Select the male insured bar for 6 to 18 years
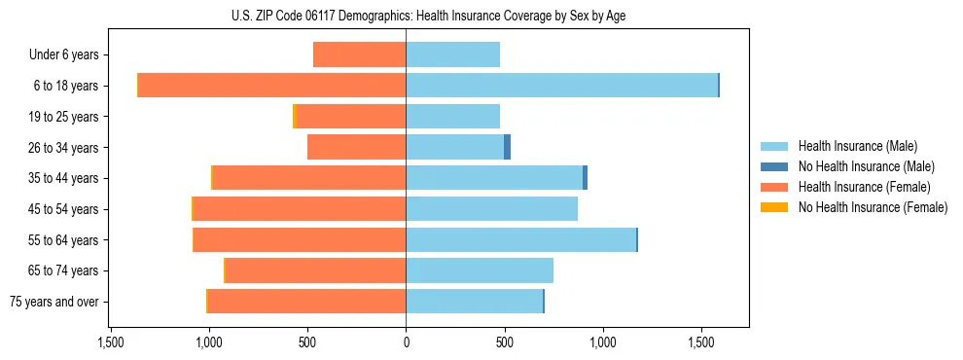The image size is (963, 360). pos(561,86)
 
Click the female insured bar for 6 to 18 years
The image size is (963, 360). pos(271,86)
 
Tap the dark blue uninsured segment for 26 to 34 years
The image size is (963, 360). pos(507,147)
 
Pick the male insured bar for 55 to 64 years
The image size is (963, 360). pos(520,239)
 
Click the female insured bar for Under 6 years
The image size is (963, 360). pos(359,54)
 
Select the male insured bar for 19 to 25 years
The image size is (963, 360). pos(452,117)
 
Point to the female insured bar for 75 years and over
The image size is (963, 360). pos(306,302)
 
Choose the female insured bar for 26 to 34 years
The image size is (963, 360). pos(356,147)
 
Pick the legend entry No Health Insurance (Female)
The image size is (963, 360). pos(873,207)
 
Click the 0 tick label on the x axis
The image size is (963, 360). pos(406,343)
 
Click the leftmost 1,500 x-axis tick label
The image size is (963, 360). pos(110,343)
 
